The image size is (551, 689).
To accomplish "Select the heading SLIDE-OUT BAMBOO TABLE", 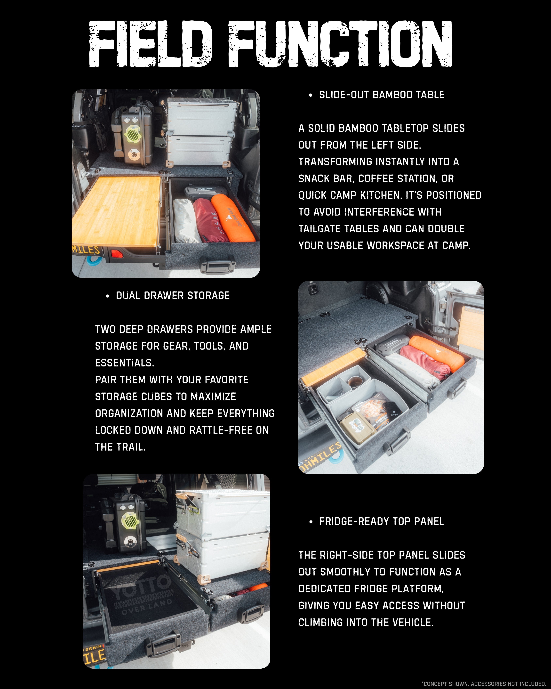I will pos(382,95).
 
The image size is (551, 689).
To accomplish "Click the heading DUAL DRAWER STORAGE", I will pos(173,296).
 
